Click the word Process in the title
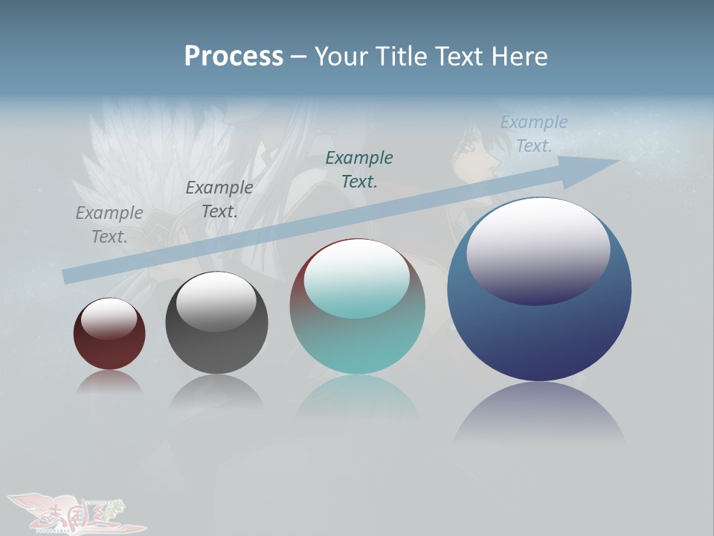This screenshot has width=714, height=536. (234, 57)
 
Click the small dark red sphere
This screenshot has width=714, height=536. (109, 334)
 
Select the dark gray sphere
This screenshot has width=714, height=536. (216, 324)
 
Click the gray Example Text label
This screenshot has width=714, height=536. (109, 224)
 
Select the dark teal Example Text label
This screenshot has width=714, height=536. (359, 169)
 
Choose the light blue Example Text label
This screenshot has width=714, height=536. (533, 134)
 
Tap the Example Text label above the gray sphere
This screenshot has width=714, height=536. (219, 199)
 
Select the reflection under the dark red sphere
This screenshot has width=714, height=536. (109, 383)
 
